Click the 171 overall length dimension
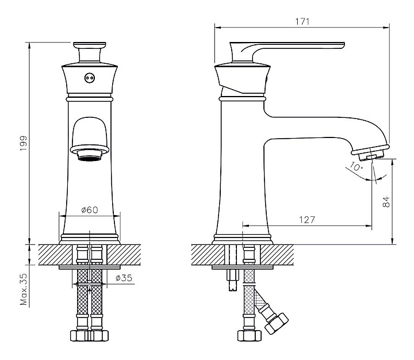pos(302,21)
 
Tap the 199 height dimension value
pos(24,143)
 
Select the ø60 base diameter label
pos(90,210)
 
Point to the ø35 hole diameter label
pos(124,278)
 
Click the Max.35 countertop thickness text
pos(24,289)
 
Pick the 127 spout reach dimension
pos(307,220)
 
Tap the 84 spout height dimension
pos(386,202)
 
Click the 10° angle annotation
pos(356,166)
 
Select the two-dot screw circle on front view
pos(90,78)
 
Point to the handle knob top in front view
pos(90,45)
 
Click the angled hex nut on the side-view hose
pos(277,324)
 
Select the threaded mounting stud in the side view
pos(233,280)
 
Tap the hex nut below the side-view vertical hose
pos(250,335)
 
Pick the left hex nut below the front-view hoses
pos(80,335)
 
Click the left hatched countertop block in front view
pos(55,255)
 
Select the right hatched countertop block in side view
pos(277,255)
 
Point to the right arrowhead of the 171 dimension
pos(387,27)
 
